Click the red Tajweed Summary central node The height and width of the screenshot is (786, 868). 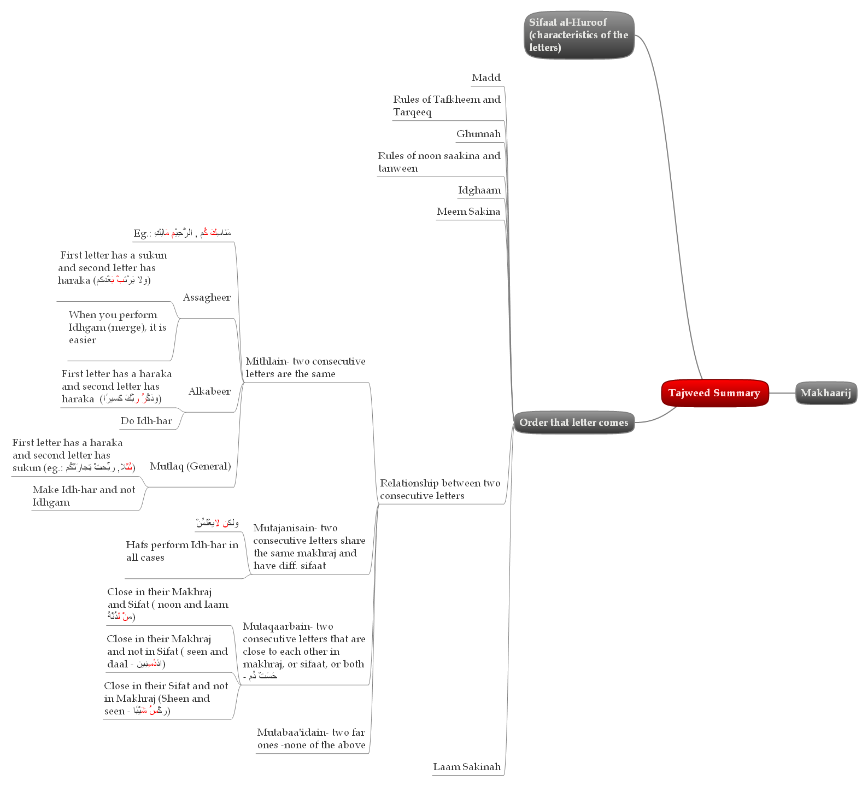[714, 393]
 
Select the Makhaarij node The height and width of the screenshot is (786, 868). [825, 393]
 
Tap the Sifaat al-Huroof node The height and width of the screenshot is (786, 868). [578, 35]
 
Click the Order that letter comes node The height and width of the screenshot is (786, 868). [573, 423]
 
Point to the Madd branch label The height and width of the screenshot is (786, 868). [486, 78]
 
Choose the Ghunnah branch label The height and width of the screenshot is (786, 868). [478, 134]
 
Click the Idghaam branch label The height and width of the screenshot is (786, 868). [479, 190]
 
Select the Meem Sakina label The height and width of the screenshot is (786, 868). [468, 212]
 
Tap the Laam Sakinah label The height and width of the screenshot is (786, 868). [467, 767]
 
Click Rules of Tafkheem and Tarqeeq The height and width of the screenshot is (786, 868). [446, 105]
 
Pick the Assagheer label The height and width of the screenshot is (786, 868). [207, 297]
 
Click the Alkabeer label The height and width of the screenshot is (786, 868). [209, 391]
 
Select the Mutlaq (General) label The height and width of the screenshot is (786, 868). [190, 466]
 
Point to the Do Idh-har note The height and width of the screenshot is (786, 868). [146, 421]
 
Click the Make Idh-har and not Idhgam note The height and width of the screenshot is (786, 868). [83, 496]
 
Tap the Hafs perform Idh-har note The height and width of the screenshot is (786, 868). [181, 551]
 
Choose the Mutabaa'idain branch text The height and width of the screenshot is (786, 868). [311, 738]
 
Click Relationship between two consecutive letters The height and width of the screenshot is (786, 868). [440, 489]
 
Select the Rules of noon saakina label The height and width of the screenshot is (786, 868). [439, 162]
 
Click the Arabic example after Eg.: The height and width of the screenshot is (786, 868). [192, 233]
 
